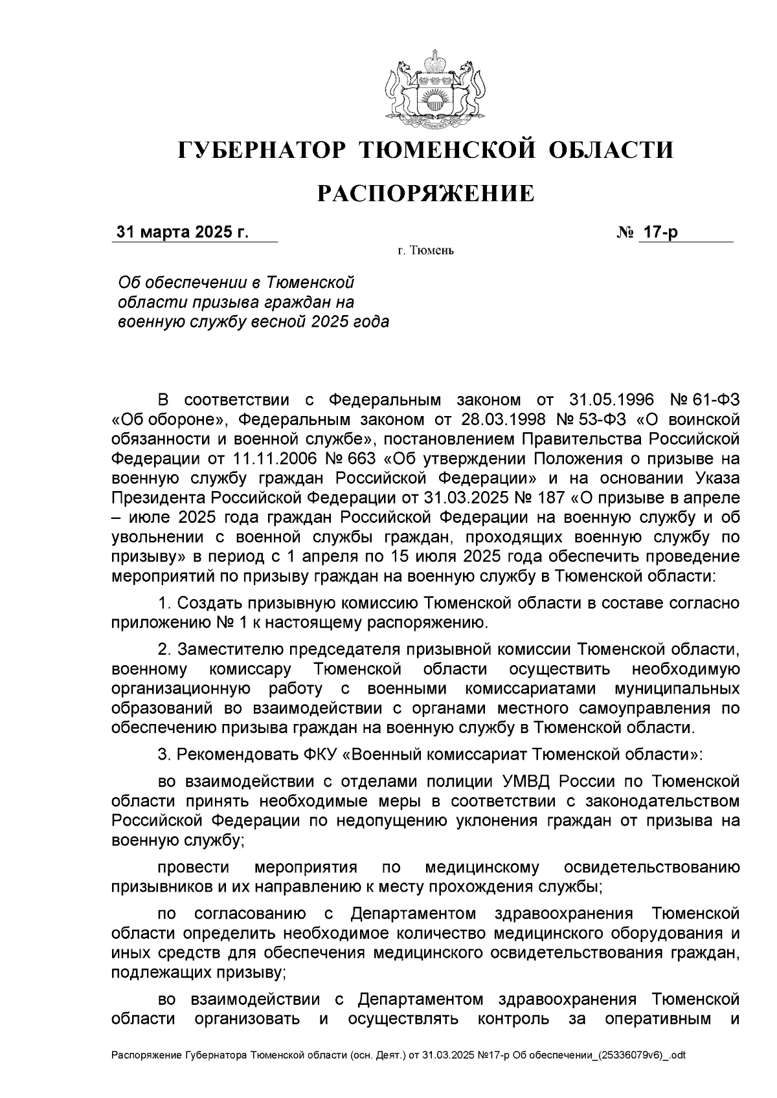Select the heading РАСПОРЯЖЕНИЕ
(425, 193)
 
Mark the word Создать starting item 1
(213, 604)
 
